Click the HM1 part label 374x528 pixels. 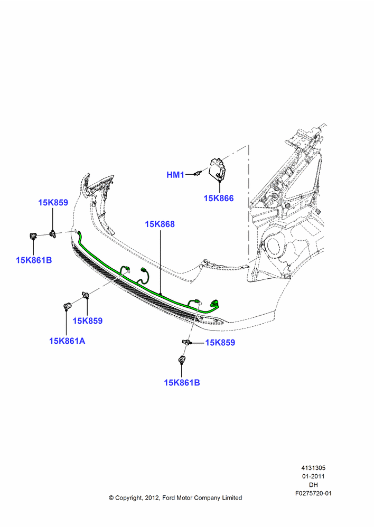[175, 175]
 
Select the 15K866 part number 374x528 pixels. [219, 198]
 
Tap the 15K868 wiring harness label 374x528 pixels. [160, 224]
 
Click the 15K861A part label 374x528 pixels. [67, 341]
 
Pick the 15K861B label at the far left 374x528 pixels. [34, 260]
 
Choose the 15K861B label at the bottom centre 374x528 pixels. [182, 382]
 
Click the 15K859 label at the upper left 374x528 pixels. [53, 202]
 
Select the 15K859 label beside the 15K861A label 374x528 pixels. [88, 320]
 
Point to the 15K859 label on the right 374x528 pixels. [220, 343]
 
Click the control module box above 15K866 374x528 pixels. [217, 170]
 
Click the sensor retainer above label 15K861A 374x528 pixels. [67, 306]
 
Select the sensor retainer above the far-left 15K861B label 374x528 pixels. [33, 235]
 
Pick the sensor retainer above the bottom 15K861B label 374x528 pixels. [181, 360]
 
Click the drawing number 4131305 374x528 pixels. [313, 468]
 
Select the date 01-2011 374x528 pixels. [313, 476]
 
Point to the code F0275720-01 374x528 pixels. [313, 493]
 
